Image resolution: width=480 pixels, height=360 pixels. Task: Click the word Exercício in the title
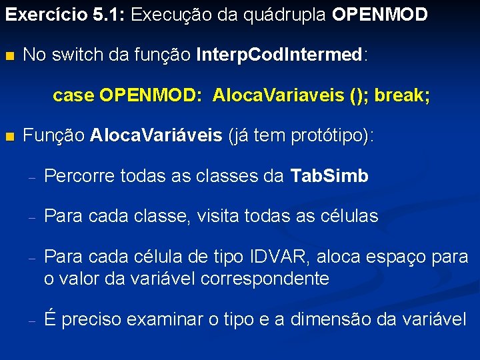[43, 15]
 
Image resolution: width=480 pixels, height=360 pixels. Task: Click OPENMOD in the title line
[379, 15]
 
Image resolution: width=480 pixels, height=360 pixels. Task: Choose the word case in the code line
[73, 96]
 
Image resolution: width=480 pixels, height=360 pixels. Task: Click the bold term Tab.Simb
[329, 176]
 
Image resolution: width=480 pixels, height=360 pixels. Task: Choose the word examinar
[166, 319]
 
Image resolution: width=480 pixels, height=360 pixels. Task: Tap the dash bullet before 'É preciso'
[31, 320]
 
